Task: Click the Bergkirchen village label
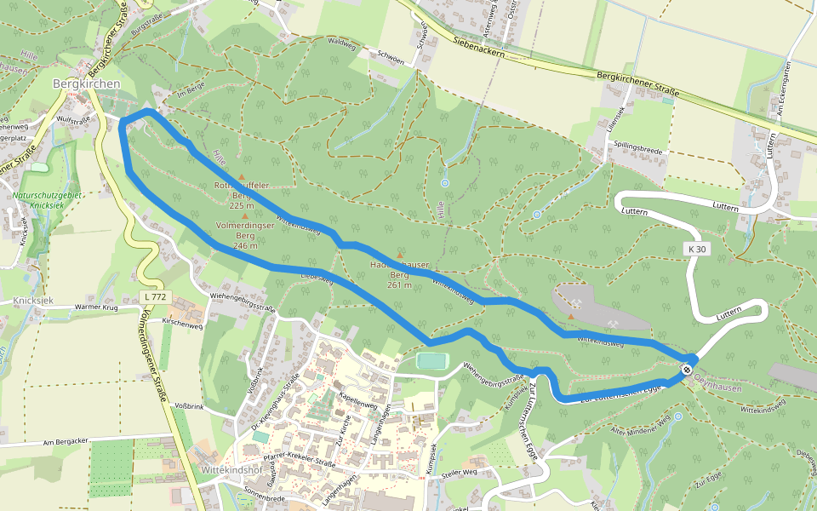click(x=86, y=83)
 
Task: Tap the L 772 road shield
click(x=156, y=297)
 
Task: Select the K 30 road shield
click(x=697, y=249)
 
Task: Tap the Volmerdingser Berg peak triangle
click(x=245, y=216)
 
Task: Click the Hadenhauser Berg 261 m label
click(x=399, y=274)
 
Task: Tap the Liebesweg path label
click(x=316, y=277)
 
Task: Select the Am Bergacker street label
click(x=66, y=441)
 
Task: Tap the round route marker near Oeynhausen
click(x=686, y=370)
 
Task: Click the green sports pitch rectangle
click(x=432, y=361)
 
